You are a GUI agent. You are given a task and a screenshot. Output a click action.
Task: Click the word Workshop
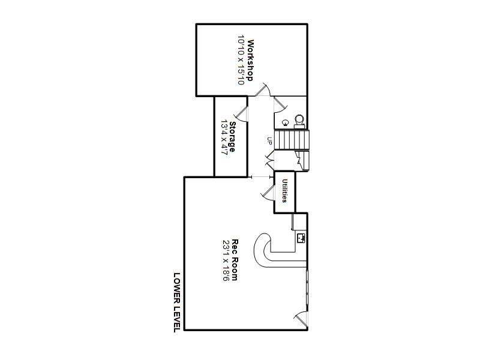click(x=250, y=60)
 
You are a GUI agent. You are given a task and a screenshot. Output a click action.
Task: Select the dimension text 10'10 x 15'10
click(x=241, y=60)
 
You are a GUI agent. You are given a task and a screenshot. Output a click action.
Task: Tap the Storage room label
click(x=232, y=137)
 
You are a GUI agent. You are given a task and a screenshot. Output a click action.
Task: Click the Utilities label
click(x=284, y=191)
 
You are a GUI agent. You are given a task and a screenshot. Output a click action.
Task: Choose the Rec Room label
click(x=235, y=260)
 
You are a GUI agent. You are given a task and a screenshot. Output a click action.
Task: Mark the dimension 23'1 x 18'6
click(x=226, y=260)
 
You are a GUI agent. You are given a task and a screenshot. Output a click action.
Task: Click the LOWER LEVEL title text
click(x=177, y=302)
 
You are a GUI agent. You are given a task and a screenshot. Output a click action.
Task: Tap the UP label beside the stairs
click(x=269, y=141)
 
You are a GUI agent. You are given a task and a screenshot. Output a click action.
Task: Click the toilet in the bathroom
click(x=299, y=122)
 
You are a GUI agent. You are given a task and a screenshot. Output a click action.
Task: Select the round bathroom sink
click(x=286, y=123)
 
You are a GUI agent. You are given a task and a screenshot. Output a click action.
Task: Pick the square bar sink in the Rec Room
click(x=301, y=238)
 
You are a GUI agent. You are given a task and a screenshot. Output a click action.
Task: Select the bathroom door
click(x=280, y=104)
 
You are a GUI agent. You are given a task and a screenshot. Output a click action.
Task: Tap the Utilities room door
click(x=267, y=193)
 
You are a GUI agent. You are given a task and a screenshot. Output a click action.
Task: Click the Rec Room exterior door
click(x=301, y=320)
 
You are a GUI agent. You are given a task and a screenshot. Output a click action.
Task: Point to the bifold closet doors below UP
click(x=269, y=161)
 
